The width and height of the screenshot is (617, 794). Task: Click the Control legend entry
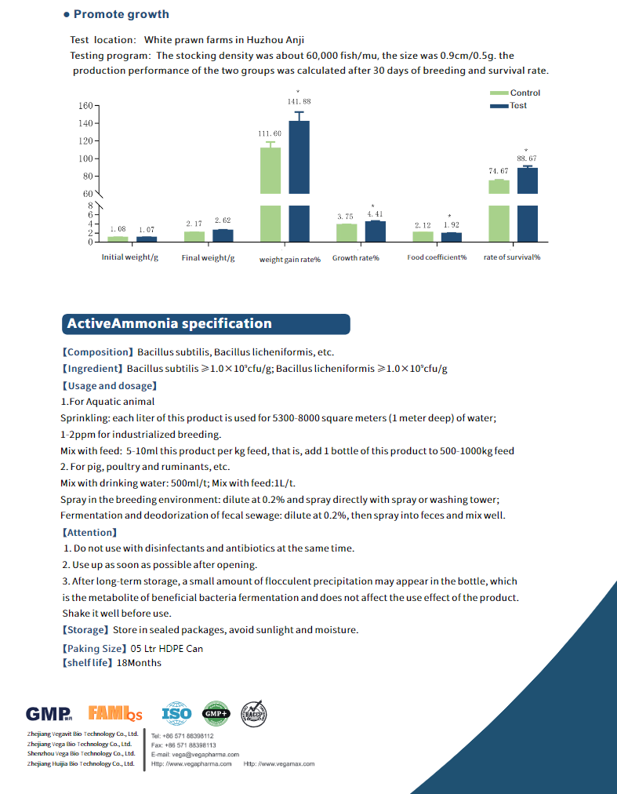pyautogui.click(x=515, y=93)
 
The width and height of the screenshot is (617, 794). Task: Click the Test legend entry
pyautogui.click(x=508, y=105)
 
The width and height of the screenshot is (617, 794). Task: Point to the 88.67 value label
pyautogui.click(x=527, y=158)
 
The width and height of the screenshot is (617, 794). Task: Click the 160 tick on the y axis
pyautogui.click(x=85, y=106)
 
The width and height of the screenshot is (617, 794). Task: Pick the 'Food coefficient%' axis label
pyautogui.click(x=437, y=257)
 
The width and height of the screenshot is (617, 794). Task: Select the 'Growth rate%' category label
pyautogui.click(x=356, y=258)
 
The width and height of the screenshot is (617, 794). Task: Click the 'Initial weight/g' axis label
pyautogui.click(x=130, y=257)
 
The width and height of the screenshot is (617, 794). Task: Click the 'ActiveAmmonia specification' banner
pyautogui.click(x=206, y=324)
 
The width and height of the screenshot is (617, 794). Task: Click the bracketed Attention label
pyautogui.click(x=90, y=532)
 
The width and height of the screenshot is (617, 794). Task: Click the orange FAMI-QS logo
pyautogui.click(x=115, y=713)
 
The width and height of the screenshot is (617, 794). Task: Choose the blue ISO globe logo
pyautogui.click(x=176, y=714)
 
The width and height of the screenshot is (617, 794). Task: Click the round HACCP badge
pyautogui.click(x=253, y=714)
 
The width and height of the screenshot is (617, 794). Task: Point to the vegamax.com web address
pyautogui.click(x=279, y=763)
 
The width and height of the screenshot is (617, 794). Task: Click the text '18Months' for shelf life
pyautogui.click(x=140, y=663)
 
